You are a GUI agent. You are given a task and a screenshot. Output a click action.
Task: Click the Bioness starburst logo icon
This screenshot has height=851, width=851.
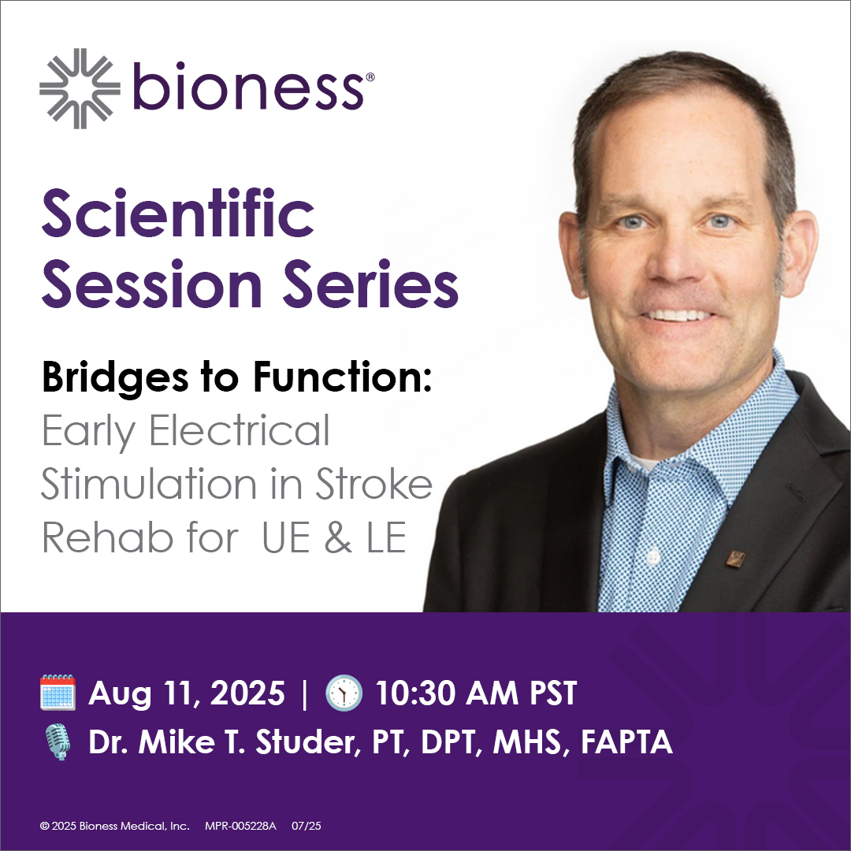(80, 88)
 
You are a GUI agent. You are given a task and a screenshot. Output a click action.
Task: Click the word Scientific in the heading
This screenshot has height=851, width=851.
(178, 214)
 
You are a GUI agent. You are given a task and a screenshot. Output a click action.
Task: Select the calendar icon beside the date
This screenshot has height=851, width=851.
(58, 693)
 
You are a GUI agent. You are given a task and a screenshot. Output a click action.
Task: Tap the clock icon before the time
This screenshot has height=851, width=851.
(344, 693)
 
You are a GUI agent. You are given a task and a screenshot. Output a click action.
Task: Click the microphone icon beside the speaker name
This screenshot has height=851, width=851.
(58, 742)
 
